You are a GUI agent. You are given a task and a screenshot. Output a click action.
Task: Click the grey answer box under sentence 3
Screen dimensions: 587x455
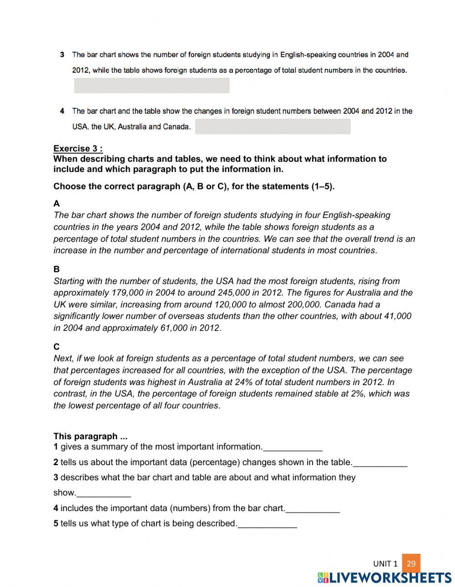pos(152,85)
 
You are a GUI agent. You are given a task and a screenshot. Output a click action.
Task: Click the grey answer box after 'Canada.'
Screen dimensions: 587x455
pos(273,126)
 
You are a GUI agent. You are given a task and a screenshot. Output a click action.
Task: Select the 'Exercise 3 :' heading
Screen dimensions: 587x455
pos(78,148)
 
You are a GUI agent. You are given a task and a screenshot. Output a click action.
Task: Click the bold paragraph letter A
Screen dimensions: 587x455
pos(56,203)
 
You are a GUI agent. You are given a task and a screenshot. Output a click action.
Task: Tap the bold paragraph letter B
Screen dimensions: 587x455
pos(56,269)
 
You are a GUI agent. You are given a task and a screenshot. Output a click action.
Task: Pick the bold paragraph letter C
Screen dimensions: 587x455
pos(56,346)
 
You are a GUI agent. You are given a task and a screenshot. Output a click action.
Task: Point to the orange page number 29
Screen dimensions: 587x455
pos(411,563)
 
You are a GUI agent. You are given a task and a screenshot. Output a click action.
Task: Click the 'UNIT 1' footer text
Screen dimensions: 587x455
pos(385,564)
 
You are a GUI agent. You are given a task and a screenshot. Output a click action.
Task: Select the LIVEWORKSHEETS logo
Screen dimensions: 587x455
pos(384,577)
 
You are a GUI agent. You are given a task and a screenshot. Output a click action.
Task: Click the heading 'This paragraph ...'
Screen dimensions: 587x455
pos(91,436)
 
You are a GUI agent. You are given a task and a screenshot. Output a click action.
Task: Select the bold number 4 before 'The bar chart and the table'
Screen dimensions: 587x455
pos(62,111)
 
